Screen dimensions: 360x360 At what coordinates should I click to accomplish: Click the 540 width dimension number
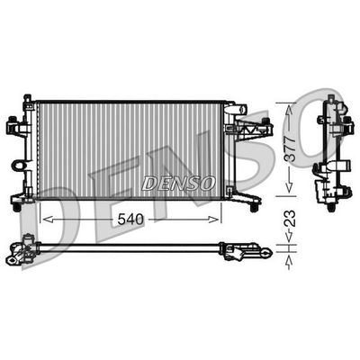tap(130, 220)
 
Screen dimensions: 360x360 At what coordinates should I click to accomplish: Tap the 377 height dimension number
tap(290, 148)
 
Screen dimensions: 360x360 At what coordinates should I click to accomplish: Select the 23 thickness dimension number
tap(290, 219)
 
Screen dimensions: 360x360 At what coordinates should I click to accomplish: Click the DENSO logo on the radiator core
tap(178, 183)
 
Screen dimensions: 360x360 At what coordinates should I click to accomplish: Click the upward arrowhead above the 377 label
tap(289, 110)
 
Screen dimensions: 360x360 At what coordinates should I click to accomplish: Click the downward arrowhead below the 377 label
tap(289, 187)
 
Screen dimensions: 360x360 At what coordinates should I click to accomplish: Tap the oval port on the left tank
tap(18, 166)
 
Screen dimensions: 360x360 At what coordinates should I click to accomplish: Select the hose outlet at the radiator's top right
tap(240, 109)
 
